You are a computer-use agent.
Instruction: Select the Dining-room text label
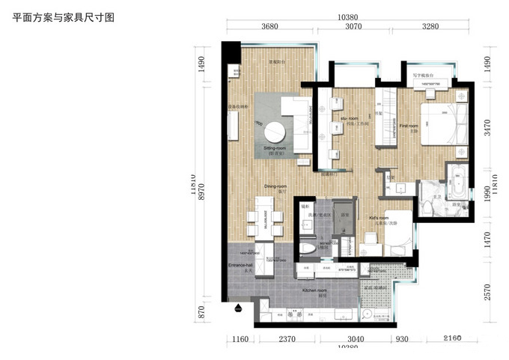point(275,186)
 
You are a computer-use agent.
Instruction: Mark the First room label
point(409,126)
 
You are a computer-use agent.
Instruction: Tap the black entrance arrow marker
point(238,307)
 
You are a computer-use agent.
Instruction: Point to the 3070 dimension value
point(353,26)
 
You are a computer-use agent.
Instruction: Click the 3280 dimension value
point(430,26)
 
